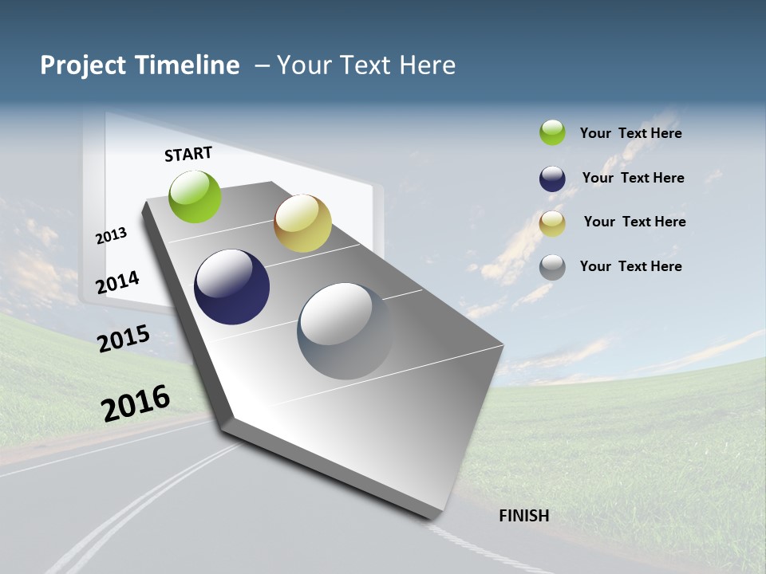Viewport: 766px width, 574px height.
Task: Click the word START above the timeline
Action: [188, 154]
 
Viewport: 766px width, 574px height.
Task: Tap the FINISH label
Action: [524, 516]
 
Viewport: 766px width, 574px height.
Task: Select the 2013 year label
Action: [112, 235]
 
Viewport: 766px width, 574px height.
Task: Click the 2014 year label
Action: [118, 282]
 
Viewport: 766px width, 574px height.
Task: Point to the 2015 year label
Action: [124, 339]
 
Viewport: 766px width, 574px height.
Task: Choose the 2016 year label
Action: [136, 403]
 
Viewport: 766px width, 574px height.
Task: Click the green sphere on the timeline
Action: [195, 196]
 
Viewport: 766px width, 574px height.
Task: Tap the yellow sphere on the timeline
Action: [302, 223]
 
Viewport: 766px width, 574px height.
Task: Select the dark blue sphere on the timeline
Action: [231, 287]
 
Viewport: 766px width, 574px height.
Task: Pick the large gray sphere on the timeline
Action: [345, 331]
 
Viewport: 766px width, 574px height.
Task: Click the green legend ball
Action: [552, 132]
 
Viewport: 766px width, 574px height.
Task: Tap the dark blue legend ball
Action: [552, 179]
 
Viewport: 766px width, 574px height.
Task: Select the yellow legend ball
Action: [552, 223]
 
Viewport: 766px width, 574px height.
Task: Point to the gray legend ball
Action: [552, 267]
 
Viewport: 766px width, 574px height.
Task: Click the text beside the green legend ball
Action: [631, 133]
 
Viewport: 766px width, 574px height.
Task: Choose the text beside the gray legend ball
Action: [631, 266]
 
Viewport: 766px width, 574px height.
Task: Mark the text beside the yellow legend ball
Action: [634, 222]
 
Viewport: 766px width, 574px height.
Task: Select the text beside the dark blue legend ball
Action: [634, 178]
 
